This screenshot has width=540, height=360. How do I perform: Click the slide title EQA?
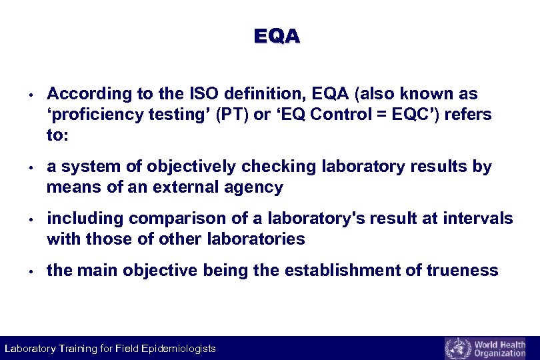tap(277, 36)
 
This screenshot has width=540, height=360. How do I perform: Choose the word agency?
tap(257, 187)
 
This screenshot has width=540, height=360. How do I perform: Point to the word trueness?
tap(463, 270)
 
